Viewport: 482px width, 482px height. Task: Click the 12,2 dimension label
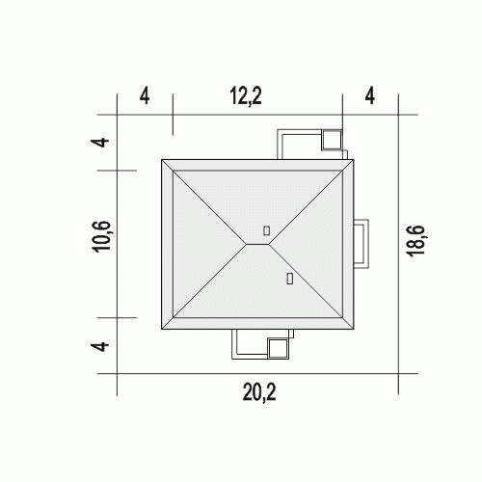[246, 96]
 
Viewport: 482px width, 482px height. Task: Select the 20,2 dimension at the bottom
[259, 392]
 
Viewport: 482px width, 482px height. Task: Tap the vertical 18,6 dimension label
[416, 241]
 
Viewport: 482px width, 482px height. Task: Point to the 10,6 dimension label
[102, 236]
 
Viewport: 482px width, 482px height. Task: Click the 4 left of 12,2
[145, 96]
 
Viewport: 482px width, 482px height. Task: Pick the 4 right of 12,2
[370, 96]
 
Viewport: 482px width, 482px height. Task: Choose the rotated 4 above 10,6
[102, 142]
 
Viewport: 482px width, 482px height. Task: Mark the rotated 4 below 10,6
[102, 347]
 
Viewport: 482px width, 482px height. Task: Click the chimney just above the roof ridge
[266, 230]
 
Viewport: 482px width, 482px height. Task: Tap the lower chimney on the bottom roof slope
[289, 279]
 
